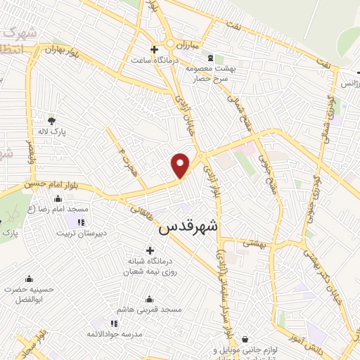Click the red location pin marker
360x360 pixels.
coord(181,165)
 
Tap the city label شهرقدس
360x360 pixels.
coord(189,226)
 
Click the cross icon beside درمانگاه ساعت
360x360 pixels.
coord(155,49)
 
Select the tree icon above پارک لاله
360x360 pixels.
coord(51,120)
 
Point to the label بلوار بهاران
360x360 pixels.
coord(60,51)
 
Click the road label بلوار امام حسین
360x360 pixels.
coord(27,185)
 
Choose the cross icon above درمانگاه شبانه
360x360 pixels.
coord(149,250)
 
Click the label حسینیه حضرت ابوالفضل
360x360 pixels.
coord(29,293)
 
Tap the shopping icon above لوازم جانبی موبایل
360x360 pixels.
coord(245,338)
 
